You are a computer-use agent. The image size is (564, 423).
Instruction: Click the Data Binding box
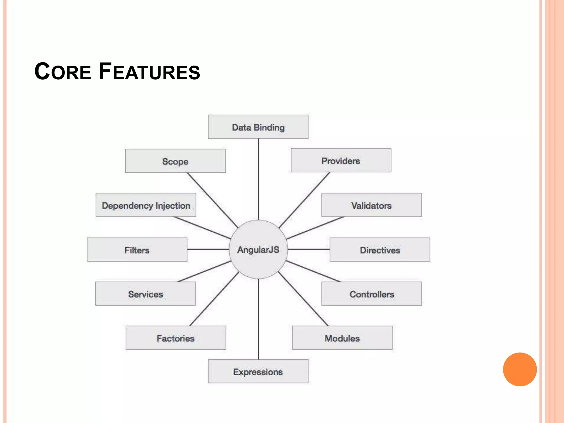pyautogui.click(x=258, y=127)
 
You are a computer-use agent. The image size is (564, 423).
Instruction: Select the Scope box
pyautogui.click(x=175, y=161)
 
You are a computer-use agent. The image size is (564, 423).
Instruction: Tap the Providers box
pyautogui.click(x=341, y=161)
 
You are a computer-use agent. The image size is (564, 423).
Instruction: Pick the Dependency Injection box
pyautogui.click(x=146, y=205)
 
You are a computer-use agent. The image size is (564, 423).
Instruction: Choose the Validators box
pyautogui.click(x=371, y=205)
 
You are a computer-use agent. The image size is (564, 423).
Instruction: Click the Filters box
pyautogui.click(x=137, y=250)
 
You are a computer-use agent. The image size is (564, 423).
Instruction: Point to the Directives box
pyautogui.click(x=380, y=250)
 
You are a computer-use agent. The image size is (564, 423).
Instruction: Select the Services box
pyautogui.click(x=145, y=294)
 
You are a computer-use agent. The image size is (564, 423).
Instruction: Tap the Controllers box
pyautogui.click(x=372, y=294)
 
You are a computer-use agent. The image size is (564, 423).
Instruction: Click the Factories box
pyautogui.click(x=176, y=338)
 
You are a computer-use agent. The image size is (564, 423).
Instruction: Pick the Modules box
pyautogui.click(x=342, y=338)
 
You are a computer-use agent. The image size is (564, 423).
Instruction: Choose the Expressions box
pyautogui.click(x=258, y=372)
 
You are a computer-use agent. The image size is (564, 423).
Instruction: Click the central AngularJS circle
pyautogui.click(x=258, y=250)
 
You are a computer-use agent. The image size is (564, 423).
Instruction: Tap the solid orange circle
pyautogui.click(x=520, y=369)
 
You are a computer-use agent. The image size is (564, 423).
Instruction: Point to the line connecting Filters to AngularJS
pyautogui.click(x=208, y=249)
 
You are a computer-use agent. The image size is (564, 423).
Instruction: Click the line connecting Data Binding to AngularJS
pyautogui.click(x=258, y=179)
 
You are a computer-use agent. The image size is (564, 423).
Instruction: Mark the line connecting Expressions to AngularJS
pyautogui.click(x=258, y=319)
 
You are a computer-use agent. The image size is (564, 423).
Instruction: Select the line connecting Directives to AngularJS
pyautogui.click(x=309, y=249)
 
